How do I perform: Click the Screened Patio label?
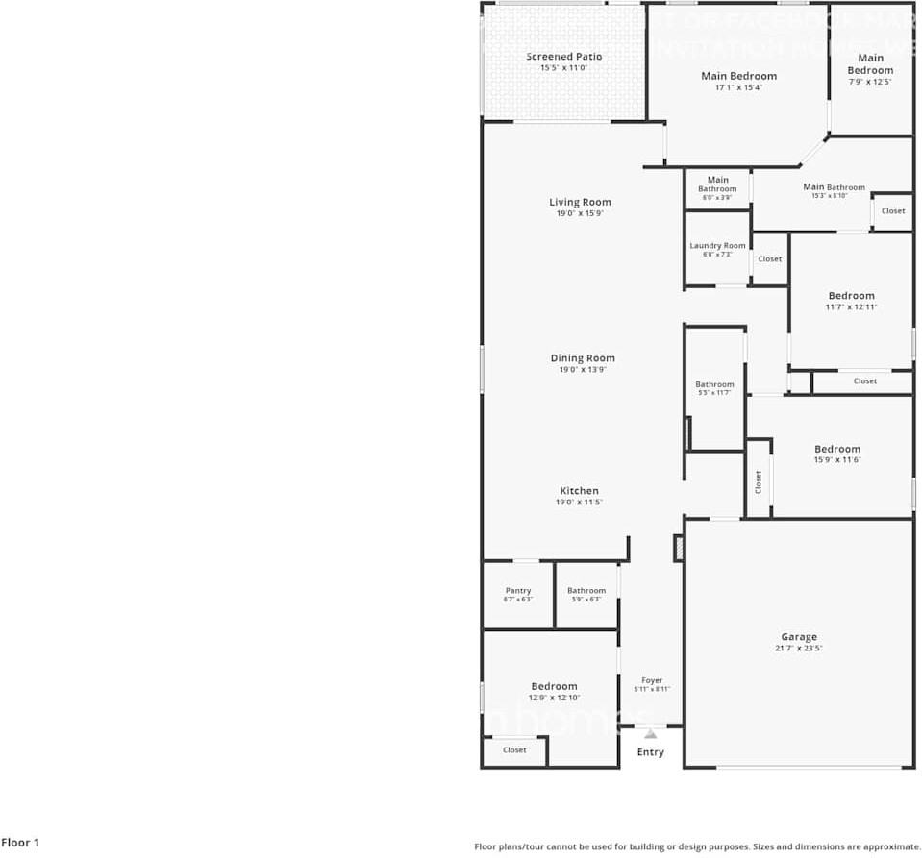(x=563, y=57)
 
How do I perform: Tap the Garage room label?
(x=799, y=637)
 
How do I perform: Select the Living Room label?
(x=580, y=202)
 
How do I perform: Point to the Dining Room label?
(x=583, y=358)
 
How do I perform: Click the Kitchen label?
(x=580, y=491)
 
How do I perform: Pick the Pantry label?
(x=518, y=591)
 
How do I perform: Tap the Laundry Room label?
(x=717, y=246)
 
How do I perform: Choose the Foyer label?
(x=652, y=680)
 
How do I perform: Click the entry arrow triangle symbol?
(x=651, y=733)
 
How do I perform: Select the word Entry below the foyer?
(x=651, y=752)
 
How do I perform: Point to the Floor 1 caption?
(x=20, y=843)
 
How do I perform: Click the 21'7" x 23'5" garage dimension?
(x=799, y=649)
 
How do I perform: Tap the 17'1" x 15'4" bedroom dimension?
(x=738, y=87)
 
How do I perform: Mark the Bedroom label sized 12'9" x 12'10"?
(x=555, y=686)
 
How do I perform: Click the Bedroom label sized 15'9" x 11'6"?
(x=837, y=449)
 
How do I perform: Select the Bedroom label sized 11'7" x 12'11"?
(x=852, y=296)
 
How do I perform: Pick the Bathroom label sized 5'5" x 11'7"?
(x=714, y=384)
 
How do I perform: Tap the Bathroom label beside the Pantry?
(x=586, y=591)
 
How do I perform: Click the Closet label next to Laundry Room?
(x=770, y=259)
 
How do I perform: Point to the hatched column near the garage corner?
(x=679, y=548)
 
